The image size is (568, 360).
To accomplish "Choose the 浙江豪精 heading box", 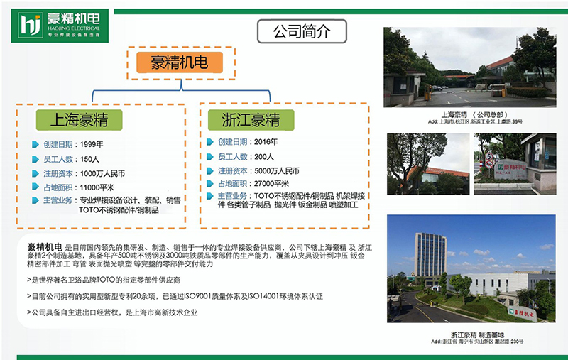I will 250,119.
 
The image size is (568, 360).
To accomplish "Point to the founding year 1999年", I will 93,144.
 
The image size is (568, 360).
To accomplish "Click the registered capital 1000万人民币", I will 104,173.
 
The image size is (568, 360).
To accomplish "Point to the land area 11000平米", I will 99,187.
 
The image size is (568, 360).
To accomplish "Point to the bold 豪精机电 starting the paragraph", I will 43,246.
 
